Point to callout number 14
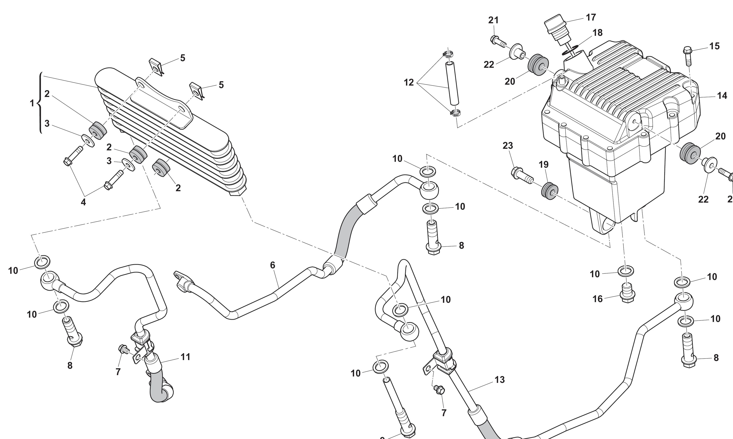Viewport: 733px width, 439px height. coord(722,96)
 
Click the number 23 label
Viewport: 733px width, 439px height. coord(508,146)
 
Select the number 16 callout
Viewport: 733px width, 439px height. coord(597,299)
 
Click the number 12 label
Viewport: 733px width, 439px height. coord(409,83)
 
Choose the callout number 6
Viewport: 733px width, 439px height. coord(272,265)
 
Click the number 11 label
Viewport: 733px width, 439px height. coord(186,357)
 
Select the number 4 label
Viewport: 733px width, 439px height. coord(84,202)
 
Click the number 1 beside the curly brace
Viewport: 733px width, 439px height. coord(32,103)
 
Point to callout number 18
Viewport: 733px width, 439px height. coord(597,33)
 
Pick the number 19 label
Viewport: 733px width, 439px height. coord(544,165)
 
